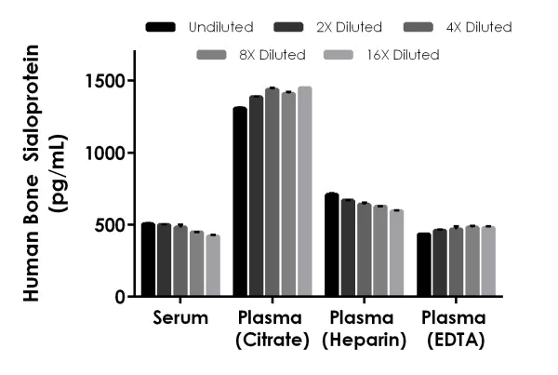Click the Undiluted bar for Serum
148,260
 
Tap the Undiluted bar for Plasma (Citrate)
240,202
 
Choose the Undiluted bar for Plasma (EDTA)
423,264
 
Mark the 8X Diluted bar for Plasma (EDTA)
472,261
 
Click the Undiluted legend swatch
162,27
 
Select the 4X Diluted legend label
477,27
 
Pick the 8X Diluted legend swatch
213,55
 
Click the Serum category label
180,318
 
